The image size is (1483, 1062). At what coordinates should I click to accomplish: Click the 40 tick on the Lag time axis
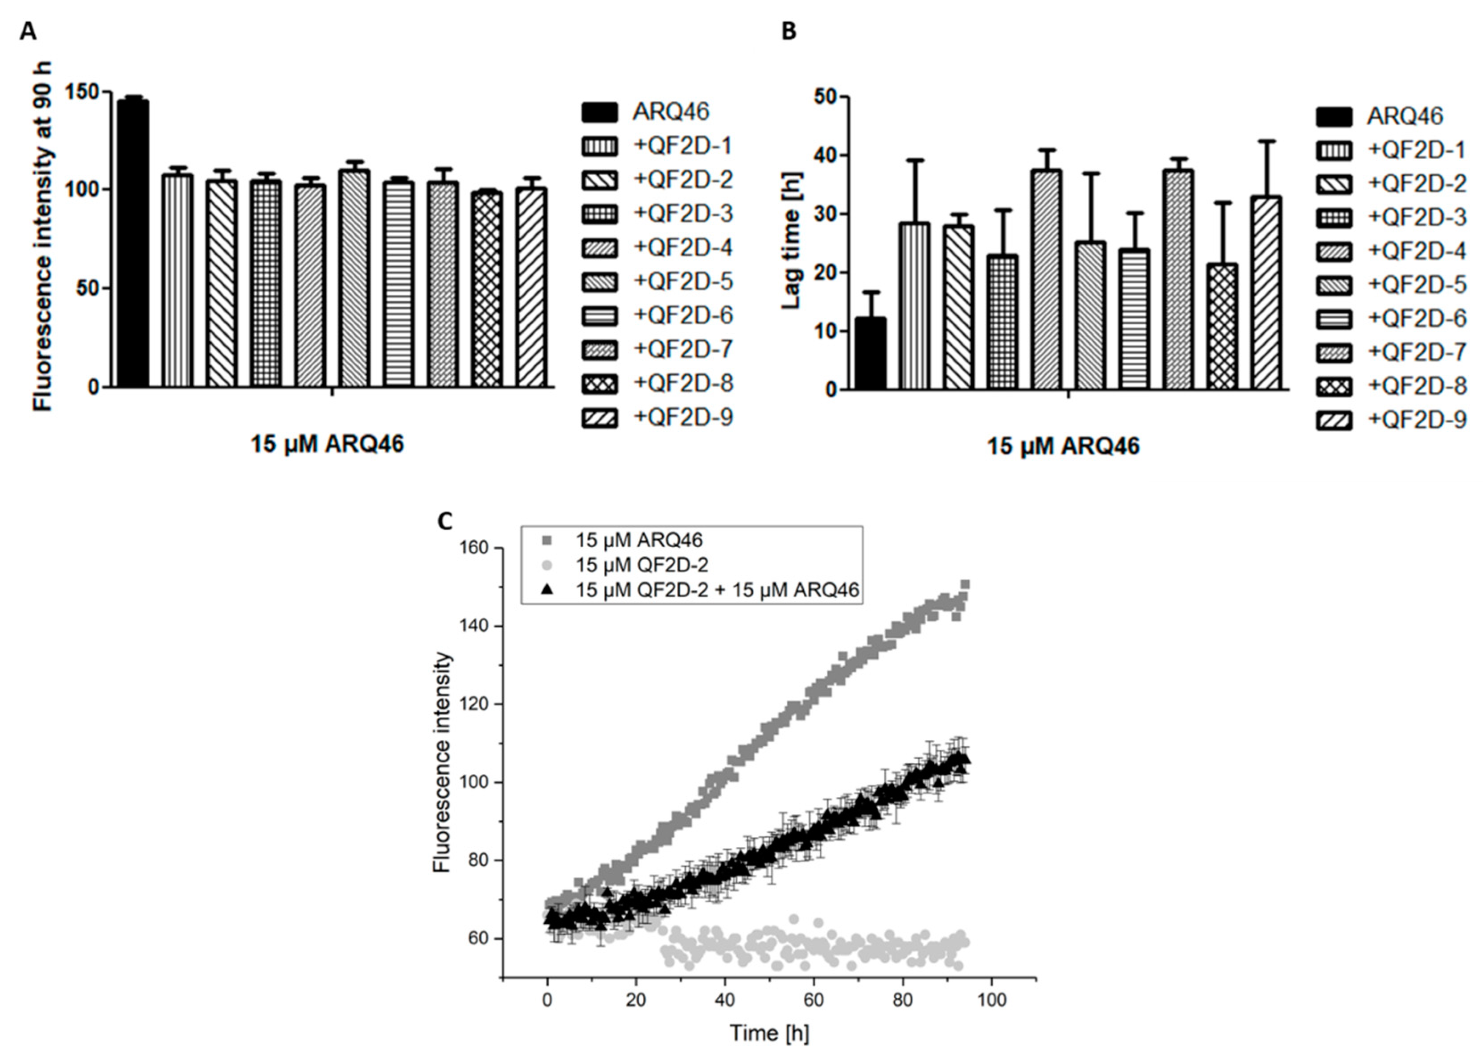coord(826,156)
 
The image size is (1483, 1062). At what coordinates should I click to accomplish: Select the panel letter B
coord(789,30)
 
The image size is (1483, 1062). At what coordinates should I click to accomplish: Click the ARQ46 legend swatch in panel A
coord(599,112)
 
